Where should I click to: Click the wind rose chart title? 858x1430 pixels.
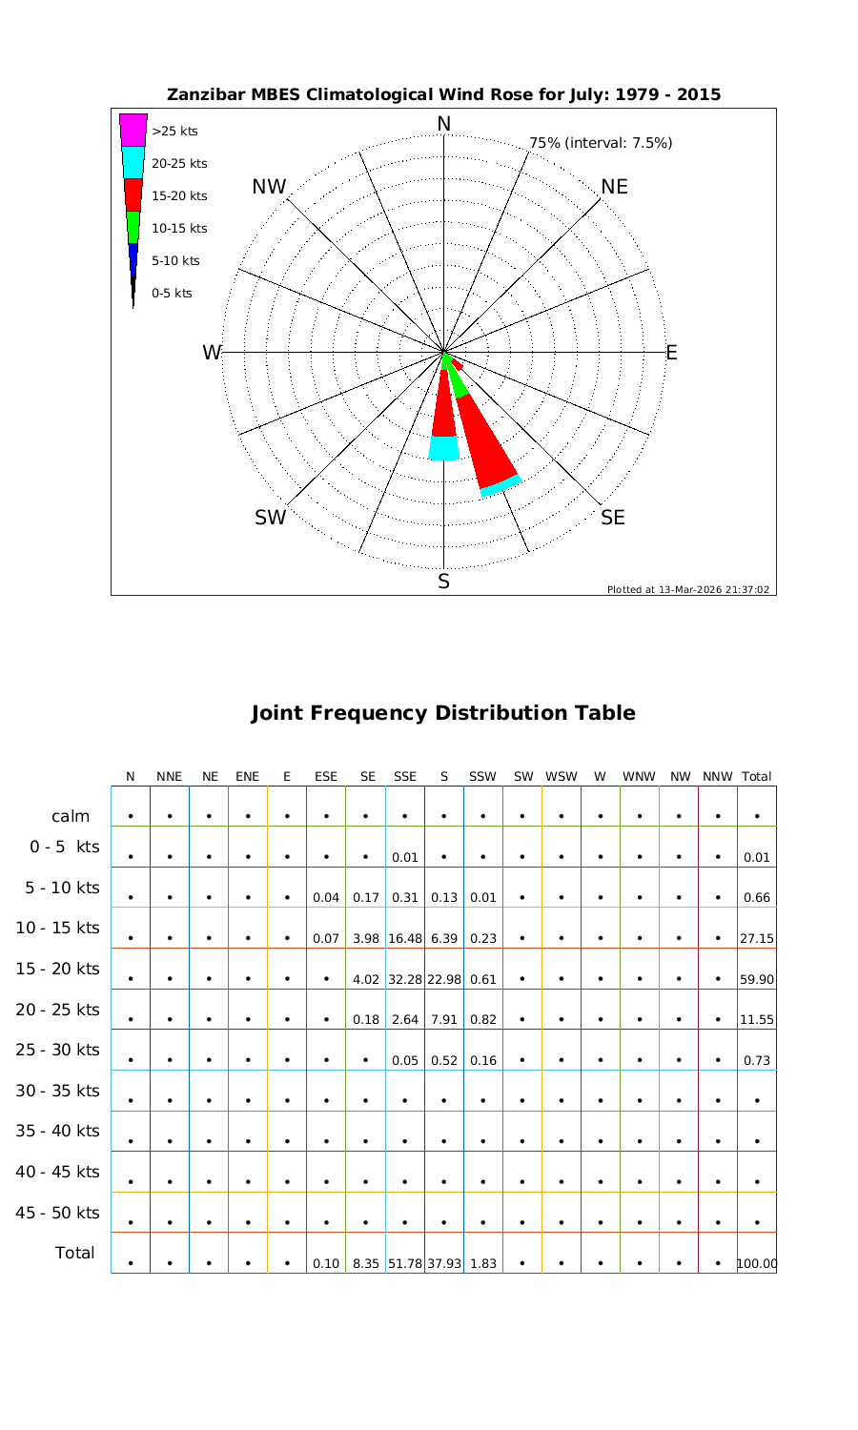443,94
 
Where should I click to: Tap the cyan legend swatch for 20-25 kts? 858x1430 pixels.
133,162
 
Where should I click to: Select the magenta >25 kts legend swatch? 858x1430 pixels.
133,130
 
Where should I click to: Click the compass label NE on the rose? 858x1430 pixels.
615,187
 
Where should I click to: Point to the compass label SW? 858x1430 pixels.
271,518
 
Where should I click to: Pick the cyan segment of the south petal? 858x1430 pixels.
443,448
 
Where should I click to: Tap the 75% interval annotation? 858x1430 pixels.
601,143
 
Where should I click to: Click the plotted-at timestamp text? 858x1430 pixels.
687,589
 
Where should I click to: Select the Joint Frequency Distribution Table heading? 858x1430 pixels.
443,713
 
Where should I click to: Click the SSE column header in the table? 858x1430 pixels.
405,777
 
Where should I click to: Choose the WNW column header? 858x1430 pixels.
639,777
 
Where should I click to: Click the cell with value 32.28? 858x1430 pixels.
405,979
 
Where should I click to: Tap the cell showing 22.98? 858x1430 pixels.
444,979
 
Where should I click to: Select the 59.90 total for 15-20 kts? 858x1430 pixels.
756,979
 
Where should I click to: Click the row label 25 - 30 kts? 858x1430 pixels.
57,1050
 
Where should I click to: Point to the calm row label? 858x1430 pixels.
71,816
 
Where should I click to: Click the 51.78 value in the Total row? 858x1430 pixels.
405,1264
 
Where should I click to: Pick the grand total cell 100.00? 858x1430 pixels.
757,1264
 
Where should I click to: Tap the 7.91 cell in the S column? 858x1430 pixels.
444,1019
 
